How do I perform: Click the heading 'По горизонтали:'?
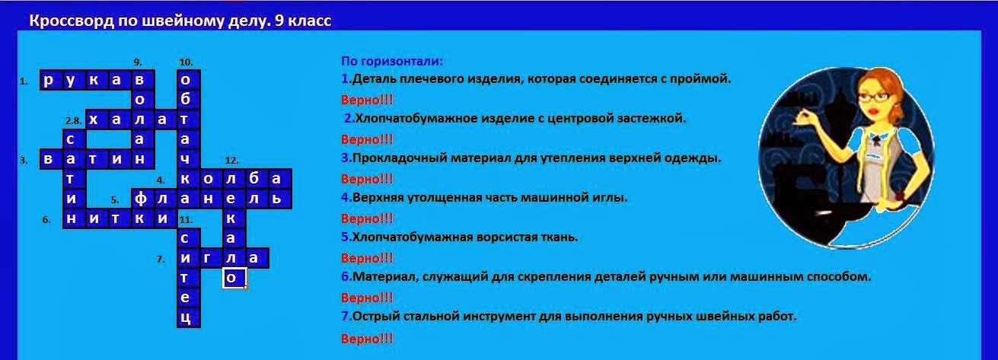(x=391, y=61)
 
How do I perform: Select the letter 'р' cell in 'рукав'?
(x=49, y=80)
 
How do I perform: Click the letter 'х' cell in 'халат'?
(x=96, y=119)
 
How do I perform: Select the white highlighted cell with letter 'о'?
(x=234, y=279)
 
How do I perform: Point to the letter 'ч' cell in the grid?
(x=187, y=159)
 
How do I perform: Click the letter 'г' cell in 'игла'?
(x=210, y=259)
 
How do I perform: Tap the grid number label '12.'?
(x=231, y=161)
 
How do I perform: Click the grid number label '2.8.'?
(x=73, y=120)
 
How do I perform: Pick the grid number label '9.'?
(x=137, y=62)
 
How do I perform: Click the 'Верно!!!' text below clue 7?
(x=367, y=337)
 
